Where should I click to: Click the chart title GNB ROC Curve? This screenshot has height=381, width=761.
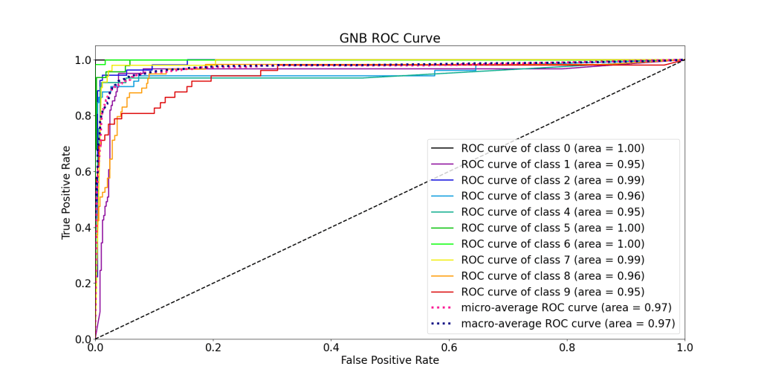click(389, 38)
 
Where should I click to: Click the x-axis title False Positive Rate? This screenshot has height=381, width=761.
click(389, 360)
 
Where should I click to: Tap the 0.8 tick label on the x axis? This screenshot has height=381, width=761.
click(567, 348)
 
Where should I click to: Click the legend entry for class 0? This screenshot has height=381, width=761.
click(552, 148)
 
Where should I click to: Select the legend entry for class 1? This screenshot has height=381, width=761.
click(552, 164)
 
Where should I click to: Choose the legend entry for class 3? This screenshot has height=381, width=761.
click(552, 196)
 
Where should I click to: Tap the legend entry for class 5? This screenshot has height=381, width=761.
click(552, 228)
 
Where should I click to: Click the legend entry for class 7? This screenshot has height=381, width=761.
click(552, 260)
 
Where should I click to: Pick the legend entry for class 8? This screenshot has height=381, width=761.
click(552, 275)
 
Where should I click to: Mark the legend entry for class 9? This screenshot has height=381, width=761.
click(552, 292)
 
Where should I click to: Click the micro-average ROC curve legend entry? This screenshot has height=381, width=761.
click(566, 307)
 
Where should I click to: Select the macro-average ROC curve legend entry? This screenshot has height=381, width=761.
click(568, 323)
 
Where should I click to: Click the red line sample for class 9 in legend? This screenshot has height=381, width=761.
click(443, 292)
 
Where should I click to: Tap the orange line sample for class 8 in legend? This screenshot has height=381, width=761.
click(443, 275)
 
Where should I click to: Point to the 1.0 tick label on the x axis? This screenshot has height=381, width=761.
click(684, 348)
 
